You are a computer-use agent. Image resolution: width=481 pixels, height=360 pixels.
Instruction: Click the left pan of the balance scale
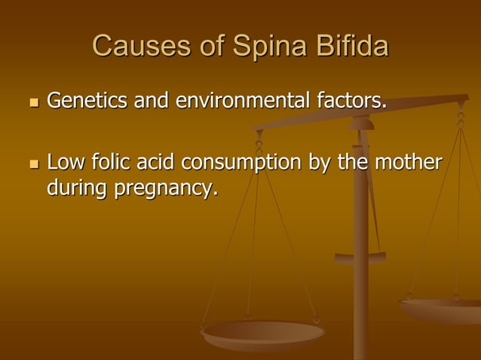(262, 331)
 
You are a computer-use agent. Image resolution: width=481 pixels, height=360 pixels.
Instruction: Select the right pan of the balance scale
(441, 308)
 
